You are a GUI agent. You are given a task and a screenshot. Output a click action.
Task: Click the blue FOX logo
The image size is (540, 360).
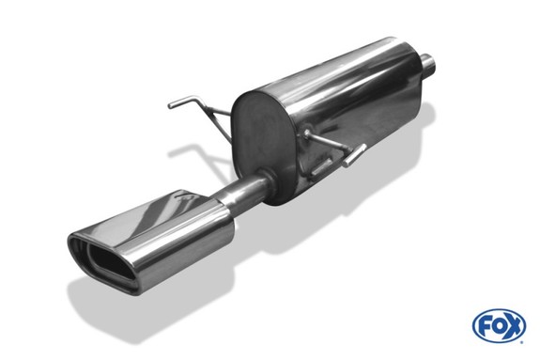(499, 325)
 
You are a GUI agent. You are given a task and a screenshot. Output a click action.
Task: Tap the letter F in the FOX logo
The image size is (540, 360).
(485, 325)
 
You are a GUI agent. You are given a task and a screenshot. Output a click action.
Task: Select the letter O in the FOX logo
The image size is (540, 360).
(499, 325)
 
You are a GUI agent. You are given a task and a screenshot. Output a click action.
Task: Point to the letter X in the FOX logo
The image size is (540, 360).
(513, 325)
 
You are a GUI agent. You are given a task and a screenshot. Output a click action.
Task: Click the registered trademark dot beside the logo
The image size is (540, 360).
(522, 342)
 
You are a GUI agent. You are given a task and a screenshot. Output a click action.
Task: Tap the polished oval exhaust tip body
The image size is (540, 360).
(151, 242)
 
